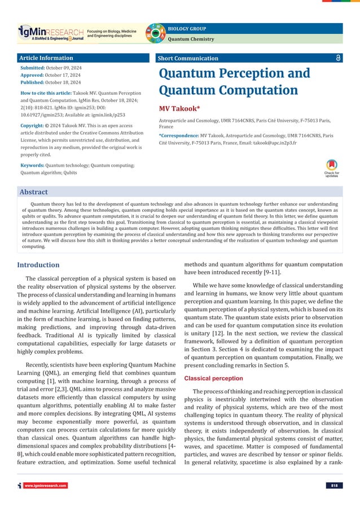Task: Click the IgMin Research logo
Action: tap(51, 33)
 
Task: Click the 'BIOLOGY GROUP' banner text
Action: tap(186, 28)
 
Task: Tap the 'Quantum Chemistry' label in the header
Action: tap(191, 39)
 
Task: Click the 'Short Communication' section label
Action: tap(188, 58)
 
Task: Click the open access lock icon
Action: tap(337, 58)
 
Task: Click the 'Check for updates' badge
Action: tap(332, 167)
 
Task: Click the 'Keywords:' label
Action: tap(32, 165)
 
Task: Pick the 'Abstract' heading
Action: tap(34, 192)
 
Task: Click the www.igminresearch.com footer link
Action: tap(46, 485)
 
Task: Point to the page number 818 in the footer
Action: tap(334, 485)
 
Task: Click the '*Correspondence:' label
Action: tap(179, 136)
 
